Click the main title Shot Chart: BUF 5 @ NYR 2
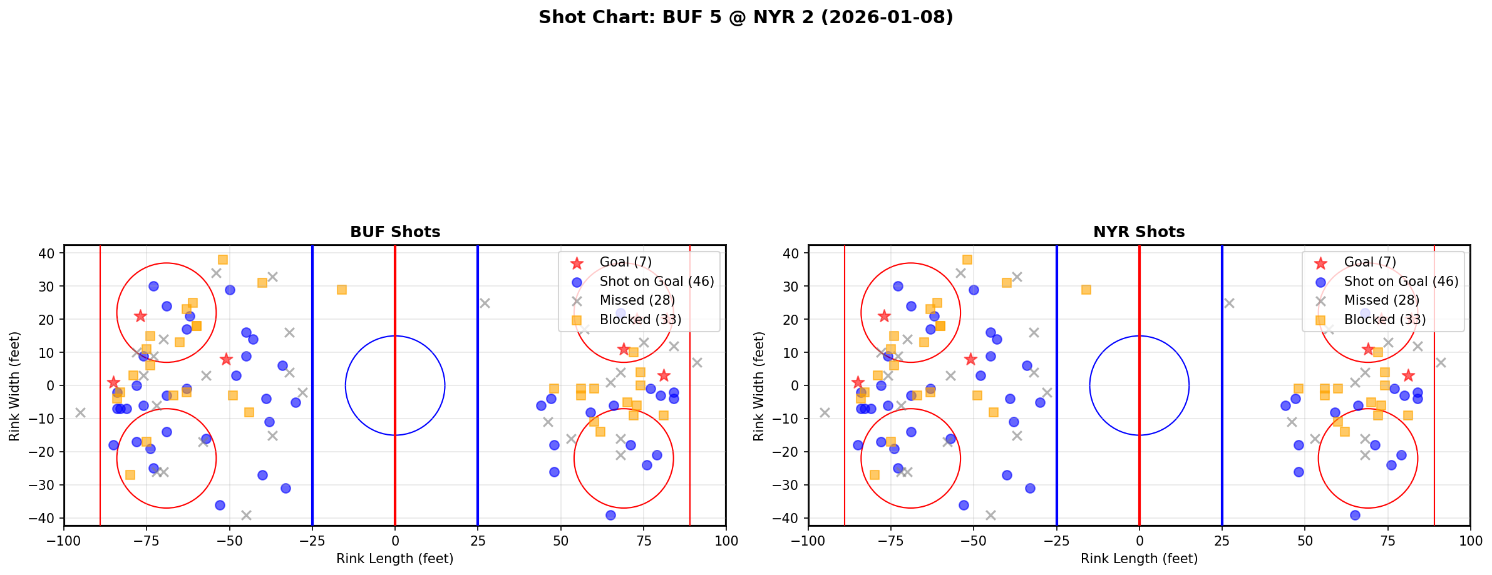pos(745,18)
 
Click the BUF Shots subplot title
pos(395,232)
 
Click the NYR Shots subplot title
pos(1139,232)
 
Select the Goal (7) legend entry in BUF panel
pos(625,262)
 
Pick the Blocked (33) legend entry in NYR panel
pos(1384,320)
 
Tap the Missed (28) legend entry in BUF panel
pos(637,300)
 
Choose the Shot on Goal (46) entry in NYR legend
pos(1401,282)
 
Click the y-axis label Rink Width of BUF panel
pos(14,386)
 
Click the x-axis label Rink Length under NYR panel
pos(1139,559)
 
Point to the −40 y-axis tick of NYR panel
pos(790,518)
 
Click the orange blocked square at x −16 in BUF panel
pos(342,290)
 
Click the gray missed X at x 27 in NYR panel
pos(1228,303)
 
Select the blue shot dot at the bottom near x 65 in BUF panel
pos(610,515)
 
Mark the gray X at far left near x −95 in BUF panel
pos(80,412)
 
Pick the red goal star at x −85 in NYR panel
pos(858,382)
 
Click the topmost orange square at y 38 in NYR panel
pos(967,260)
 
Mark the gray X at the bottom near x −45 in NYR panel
pos(990,515)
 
